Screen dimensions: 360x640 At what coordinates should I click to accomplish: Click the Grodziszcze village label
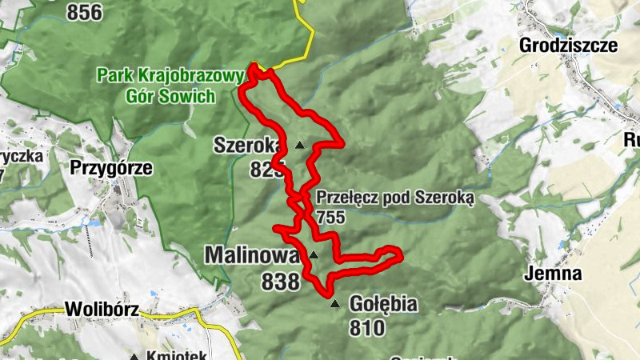[568, 45]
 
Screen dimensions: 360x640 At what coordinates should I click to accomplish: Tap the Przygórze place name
[110, 168]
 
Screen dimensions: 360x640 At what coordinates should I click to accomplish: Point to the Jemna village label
[554, 274]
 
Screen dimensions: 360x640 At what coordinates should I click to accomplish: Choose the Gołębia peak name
[384, 305]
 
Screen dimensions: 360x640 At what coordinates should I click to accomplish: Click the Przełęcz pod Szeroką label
[395, 197]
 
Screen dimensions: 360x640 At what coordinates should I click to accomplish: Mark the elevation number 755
[330, 216]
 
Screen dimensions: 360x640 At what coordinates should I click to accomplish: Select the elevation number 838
[280, 281]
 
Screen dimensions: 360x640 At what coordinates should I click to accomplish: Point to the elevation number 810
[366, 327]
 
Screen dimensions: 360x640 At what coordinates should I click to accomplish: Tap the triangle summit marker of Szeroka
[300, 145]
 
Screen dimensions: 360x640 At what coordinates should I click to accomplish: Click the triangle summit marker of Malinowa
[314, 255]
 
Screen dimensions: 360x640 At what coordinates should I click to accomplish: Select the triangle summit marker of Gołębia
[335, 303]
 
